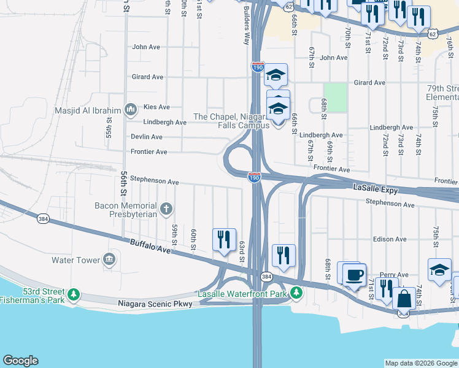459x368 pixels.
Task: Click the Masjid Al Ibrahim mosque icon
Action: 130,110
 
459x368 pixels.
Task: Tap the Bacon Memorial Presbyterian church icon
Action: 166,210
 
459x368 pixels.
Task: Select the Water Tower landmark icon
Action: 110,260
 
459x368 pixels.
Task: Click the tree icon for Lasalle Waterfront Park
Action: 296,293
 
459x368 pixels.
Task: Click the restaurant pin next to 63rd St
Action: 224,239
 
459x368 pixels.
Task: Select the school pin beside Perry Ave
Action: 439,270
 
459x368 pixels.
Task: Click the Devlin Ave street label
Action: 146,137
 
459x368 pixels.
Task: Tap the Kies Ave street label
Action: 156,107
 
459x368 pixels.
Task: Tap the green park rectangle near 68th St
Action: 335,97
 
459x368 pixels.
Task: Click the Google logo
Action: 20,361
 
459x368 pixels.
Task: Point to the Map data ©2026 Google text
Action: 420,363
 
